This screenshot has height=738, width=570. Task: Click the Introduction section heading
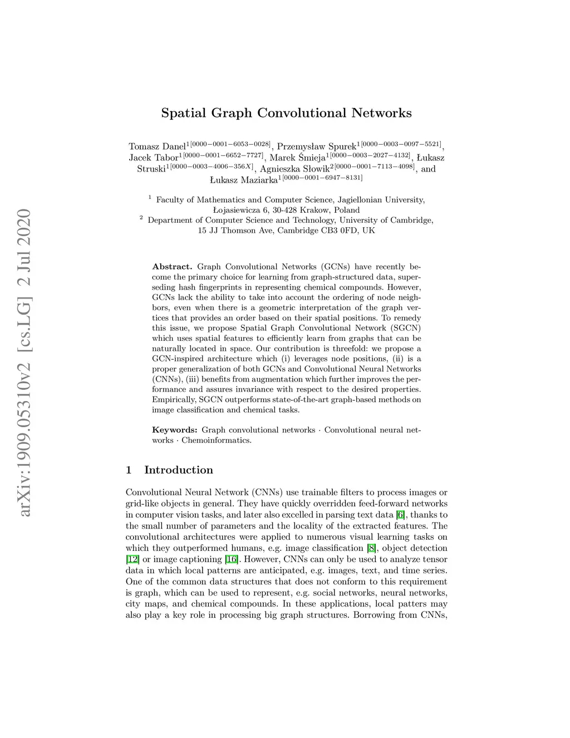coord(178,470)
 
